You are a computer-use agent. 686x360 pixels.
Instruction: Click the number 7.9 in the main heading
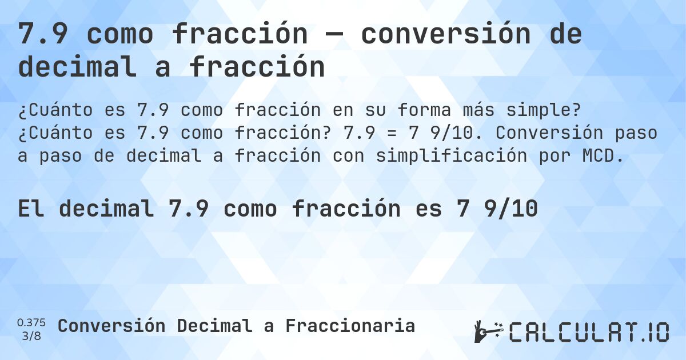coord(43,35)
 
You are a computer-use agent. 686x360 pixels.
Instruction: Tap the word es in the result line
coord(427,209)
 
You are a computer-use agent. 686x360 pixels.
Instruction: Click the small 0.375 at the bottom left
coord(31,322)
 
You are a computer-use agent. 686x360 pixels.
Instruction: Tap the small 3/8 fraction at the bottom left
coord(31,335)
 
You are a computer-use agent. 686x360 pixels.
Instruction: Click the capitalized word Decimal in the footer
coord(214,326)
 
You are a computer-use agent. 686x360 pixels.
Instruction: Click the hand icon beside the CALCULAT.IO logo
coord(488,331)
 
